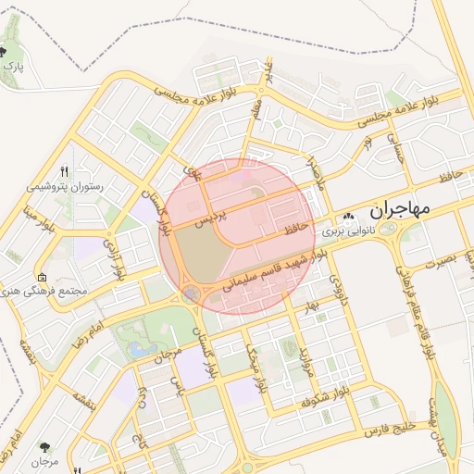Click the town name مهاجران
pos(400,209)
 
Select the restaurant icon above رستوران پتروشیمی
pos(64,171)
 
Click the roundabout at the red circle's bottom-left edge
pos(191,294)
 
